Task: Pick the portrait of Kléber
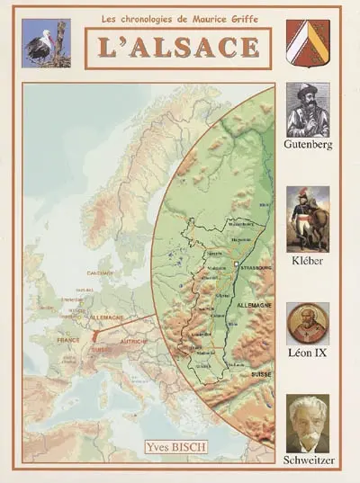pyautogui.click(x=308, y=219)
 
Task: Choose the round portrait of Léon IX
pyautogui.click(x=308, y=322)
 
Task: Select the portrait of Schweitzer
pyautogui.click(x=308, y=424)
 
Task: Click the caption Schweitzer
pyautogui.click(x=308, y=460)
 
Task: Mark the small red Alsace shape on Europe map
pyautogui.click(x=93, y=335)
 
